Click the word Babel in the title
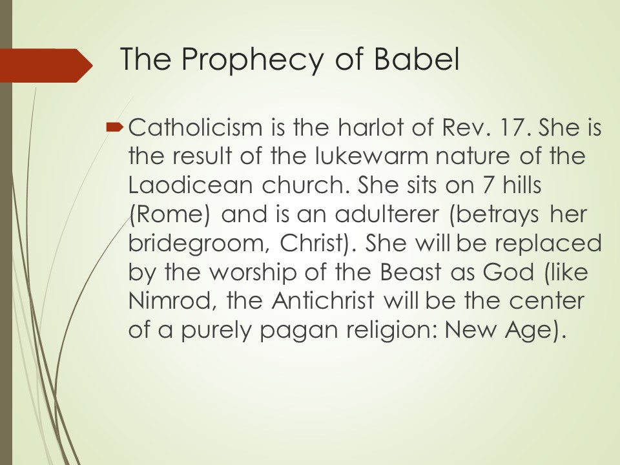pyautogui.click(x=417, y=59)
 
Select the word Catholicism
pyautogui.click(x=196, y=127)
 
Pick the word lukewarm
pyautogui.click(x=372, y=156)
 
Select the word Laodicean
pyautogui.click(x=191, y=185)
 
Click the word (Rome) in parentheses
pyautogui.click(x=169, y=214)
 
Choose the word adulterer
pyautogui.click(x=387, y=214)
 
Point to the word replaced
pyautogui.click(x=548, y=243)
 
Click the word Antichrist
pyautogui.click(x=323, y=300)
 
